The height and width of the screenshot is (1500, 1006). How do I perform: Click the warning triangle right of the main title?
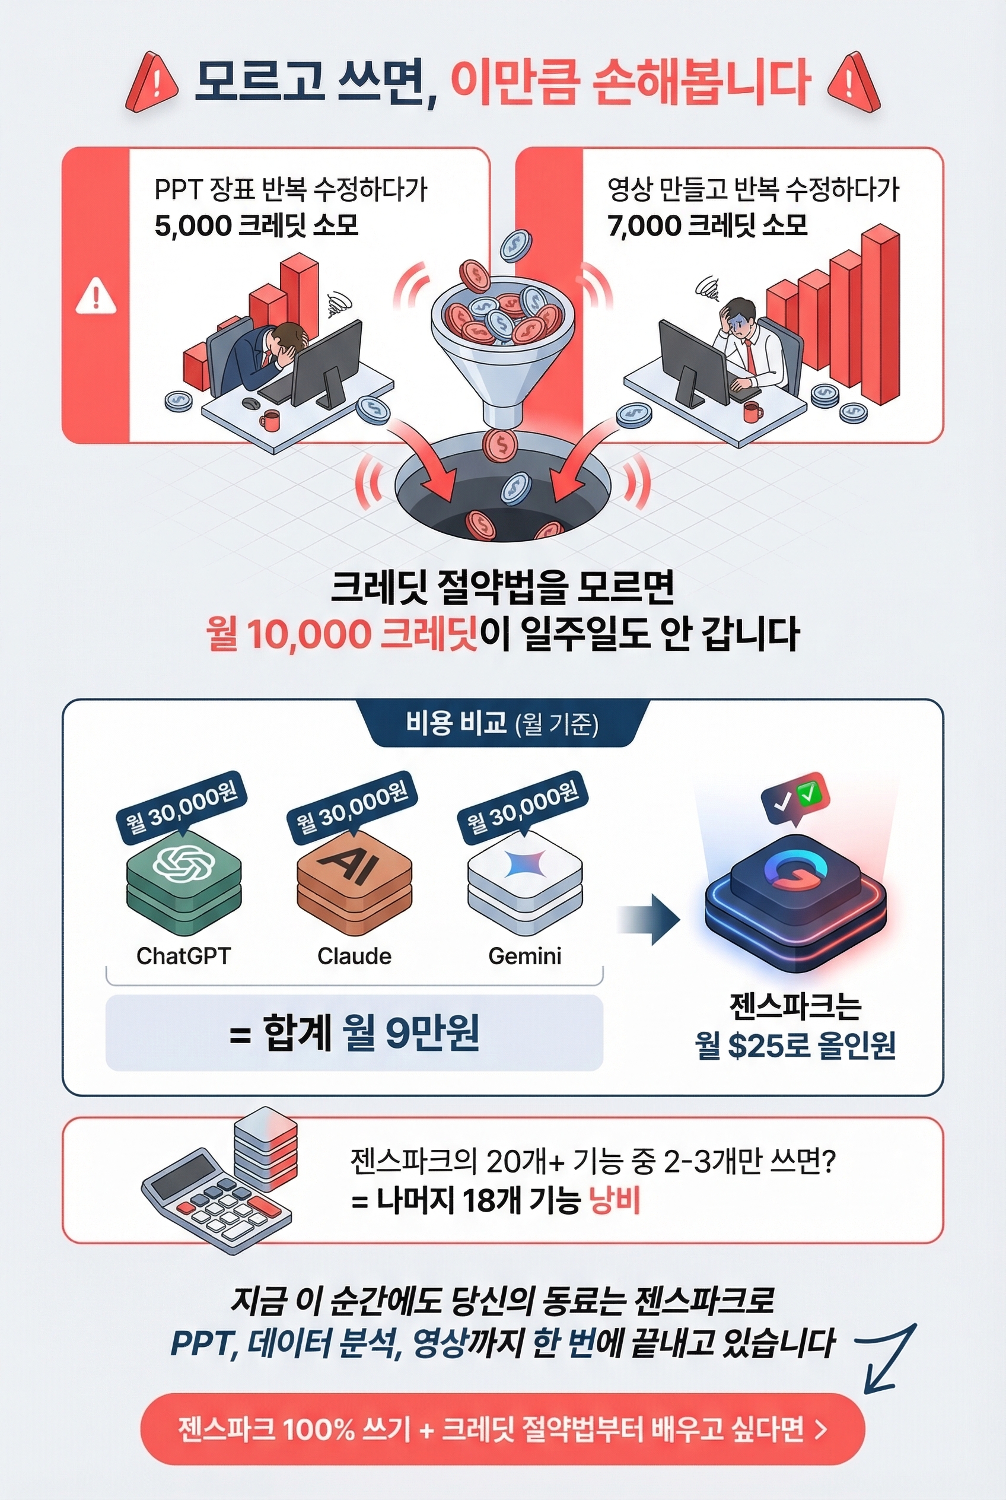coord(854,84)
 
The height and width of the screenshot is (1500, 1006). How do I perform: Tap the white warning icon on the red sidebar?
coord(95,296)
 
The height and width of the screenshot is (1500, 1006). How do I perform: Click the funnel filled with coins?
coord(497,333)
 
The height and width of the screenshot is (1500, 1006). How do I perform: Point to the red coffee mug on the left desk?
coord(270,421)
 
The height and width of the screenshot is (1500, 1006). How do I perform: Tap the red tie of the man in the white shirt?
coord(749,357)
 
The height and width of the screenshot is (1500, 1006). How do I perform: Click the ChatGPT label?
coord(183,956)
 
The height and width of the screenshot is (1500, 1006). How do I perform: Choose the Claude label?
coord(354,956)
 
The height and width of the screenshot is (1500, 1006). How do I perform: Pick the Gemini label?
coord(524,956)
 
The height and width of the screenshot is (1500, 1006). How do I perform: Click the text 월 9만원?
coord(410,1033)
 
